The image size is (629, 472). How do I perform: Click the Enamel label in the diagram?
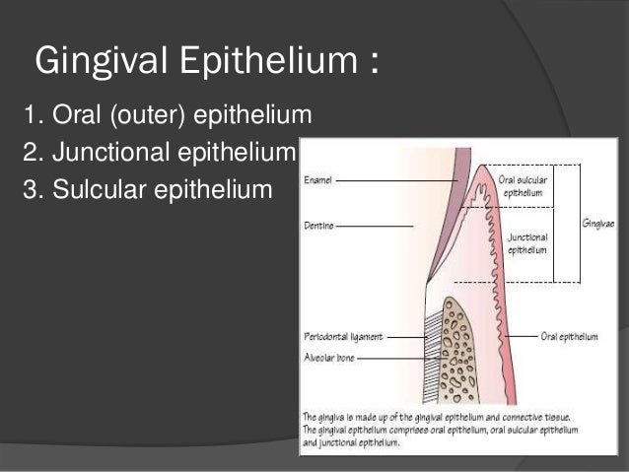click(x=318, y=180)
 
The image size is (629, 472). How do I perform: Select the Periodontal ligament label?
click(x=342, y=335)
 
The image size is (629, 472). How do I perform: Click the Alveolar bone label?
click(x=329, y=360)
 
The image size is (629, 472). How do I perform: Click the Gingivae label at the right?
click(x=598, y=225)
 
